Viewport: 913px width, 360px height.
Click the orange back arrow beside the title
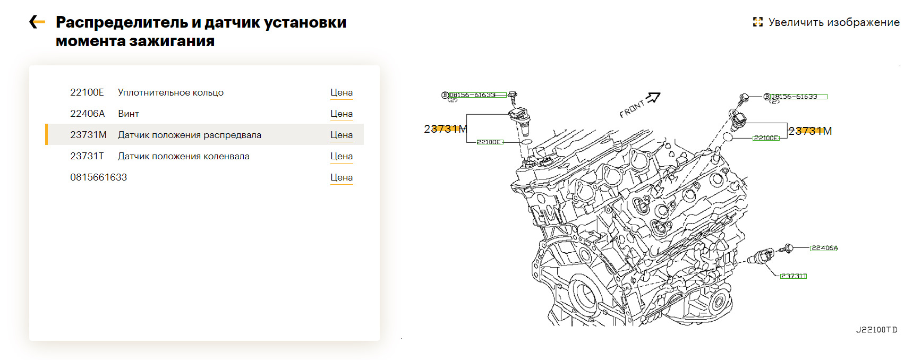[37, 22]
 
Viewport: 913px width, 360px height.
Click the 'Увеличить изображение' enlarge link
[826, 22]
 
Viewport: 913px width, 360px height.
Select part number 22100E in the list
[87, 92]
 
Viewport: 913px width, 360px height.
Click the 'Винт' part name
[129, 114]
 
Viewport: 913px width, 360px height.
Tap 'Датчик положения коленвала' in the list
[183, 156]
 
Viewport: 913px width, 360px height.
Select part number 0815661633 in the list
[99, 177]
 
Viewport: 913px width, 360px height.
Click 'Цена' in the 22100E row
[342, 92]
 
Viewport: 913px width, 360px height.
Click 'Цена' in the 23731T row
[342, 156]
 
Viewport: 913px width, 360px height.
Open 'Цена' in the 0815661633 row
[342, 177]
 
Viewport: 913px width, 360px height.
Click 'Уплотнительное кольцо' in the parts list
[170, 92]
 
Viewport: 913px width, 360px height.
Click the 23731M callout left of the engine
[445, 129]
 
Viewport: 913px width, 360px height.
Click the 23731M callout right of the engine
[810, 131]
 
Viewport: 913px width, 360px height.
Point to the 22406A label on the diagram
[824, 248]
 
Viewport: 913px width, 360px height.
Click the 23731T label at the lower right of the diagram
[793, 276]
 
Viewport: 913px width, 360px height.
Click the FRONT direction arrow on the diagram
[653, 98]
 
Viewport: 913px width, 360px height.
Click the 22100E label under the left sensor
[489, 142]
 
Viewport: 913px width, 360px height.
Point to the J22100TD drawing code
[876, 330]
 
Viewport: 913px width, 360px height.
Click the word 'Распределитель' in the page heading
[122, 22]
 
